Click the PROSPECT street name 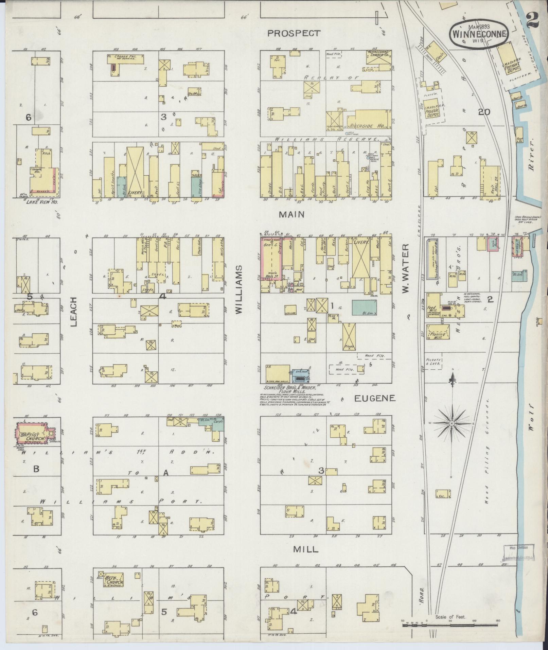294,33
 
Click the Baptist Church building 33,433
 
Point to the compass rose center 452,424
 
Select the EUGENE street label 375,398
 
